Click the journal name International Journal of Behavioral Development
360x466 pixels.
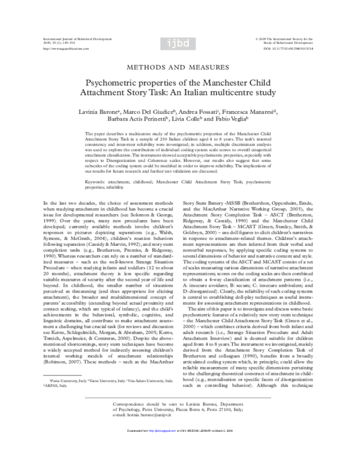tap(69, 38)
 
